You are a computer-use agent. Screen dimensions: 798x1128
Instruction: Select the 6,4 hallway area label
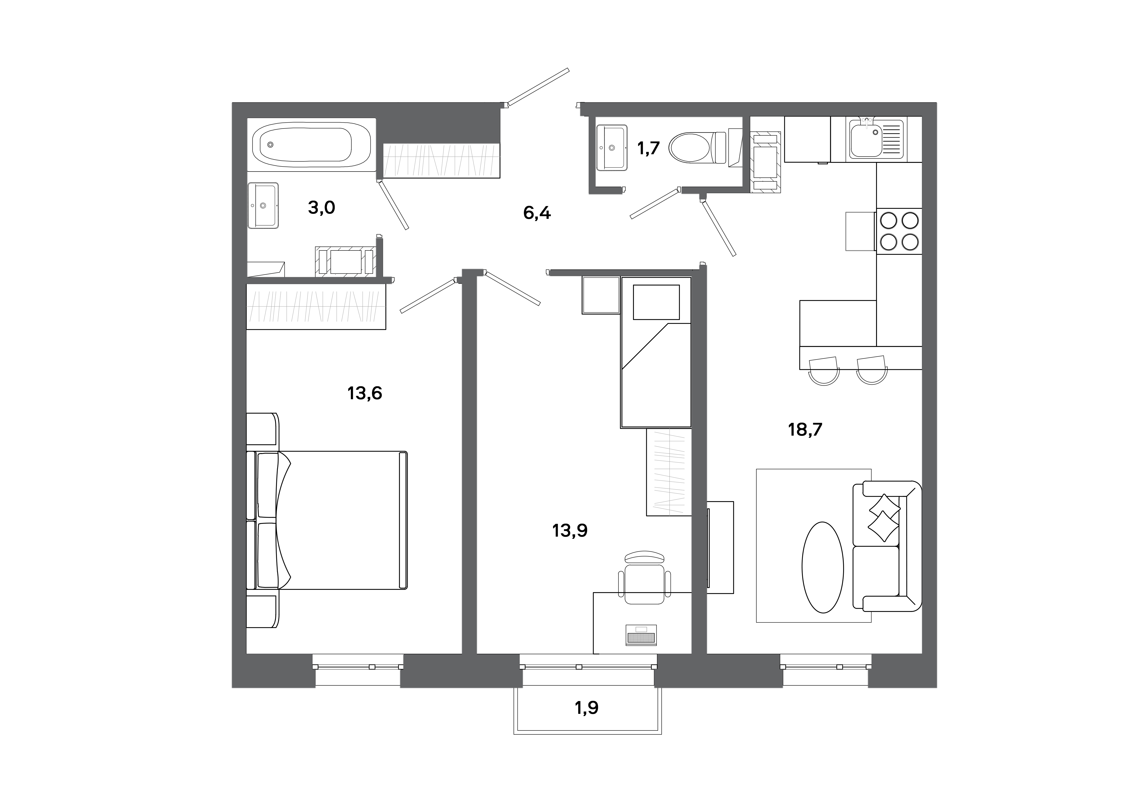[537, 213]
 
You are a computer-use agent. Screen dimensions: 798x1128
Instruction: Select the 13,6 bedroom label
[364, 393]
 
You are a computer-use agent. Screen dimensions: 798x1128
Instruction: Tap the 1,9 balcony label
[587, 708]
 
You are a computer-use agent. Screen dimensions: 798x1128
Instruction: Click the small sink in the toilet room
[611, 147]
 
